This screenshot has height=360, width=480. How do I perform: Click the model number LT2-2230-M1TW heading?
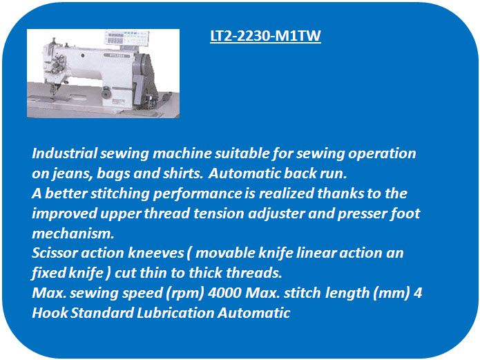[x=265, y=36]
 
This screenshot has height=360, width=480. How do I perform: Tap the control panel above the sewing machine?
[x=127, y=38]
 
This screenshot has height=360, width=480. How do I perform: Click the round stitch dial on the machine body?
[x=106, y=93]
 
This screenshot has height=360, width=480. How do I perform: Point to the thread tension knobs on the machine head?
[x=59, y=64]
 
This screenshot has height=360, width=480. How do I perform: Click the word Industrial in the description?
[x=65, y=153]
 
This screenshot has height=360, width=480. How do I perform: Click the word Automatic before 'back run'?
[x=244, y=173]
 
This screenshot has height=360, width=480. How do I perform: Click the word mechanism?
[x=73, y=234]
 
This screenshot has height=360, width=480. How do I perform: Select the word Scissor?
[x=55, y=253]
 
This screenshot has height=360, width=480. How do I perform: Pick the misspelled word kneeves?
[x=156, y=253]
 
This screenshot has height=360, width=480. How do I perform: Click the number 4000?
[x=224, y=293]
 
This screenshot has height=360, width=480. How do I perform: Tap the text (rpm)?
[x=185, y=294]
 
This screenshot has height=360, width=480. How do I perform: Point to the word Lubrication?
[x=175, y=313]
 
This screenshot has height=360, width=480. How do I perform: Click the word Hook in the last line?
[x=50, y=313]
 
